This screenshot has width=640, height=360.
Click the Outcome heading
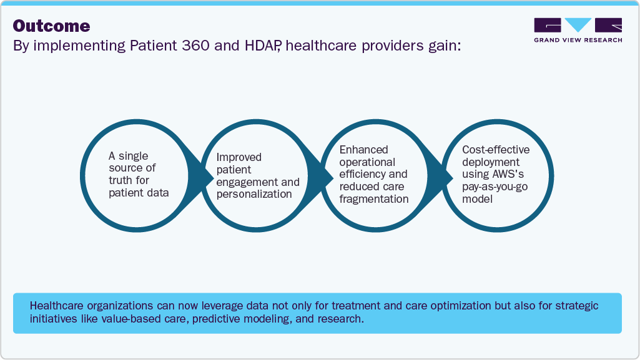(51, 26)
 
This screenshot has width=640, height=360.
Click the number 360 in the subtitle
(195, 46)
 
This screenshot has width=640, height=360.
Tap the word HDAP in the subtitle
(262, 46)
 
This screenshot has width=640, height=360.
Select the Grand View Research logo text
(578, 40)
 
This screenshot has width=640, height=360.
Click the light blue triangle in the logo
(578, 24)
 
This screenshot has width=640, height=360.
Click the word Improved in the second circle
(239, 157)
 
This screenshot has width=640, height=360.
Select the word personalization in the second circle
(254, 194)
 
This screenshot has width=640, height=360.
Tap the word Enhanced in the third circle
(363, 150)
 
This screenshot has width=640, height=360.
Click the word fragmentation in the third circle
(374, 199)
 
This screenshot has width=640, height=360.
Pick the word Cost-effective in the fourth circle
(496, 150)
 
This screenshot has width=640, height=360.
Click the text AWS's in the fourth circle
(508, 174)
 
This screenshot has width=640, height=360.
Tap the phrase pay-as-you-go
(495, 187)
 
